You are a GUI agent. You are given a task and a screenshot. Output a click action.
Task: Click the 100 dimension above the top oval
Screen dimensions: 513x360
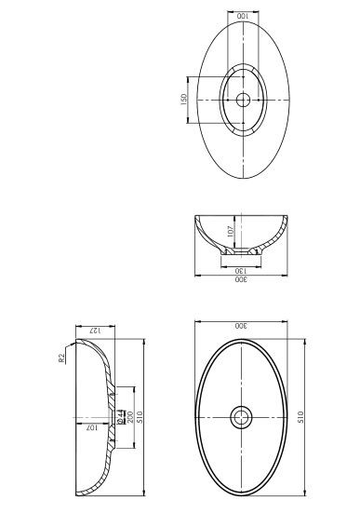pos(243,17)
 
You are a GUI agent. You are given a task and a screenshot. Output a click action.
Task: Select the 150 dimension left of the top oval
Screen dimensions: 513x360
pos(184,99)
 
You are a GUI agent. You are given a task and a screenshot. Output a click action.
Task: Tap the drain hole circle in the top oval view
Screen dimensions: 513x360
pos(243,99)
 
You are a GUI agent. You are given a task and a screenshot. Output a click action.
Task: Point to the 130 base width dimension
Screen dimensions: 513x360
pos(241,268)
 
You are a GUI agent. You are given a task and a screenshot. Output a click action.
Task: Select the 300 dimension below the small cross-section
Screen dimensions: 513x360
pos(241,279)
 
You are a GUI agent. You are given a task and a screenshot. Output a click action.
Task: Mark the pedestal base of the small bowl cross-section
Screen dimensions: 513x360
pos(241,251)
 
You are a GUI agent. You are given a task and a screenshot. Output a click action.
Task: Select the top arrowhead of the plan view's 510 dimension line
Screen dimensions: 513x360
pos(306,340)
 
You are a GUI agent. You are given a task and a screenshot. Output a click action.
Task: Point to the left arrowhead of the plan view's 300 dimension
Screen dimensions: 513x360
pos(196,321)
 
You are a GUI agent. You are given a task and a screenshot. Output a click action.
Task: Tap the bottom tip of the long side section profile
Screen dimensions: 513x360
pos(77,494)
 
